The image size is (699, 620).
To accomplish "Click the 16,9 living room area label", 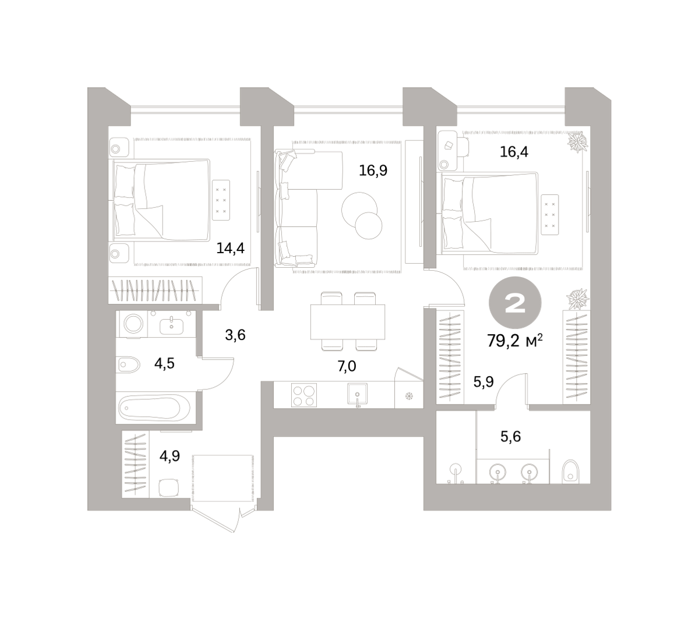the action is tap(373, 171).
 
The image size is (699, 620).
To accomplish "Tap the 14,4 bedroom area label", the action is tap(230, 248).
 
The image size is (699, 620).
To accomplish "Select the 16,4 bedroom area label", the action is tap(514, 152).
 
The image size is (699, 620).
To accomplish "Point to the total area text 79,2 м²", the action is tap(514, 341).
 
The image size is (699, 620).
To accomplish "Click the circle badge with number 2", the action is tap(515, 302).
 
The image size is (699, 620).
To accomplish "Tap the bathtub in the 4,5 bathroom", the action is tap(154, 408).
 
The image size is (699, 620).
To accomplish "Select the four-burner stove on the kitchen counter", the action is tap(304, 395).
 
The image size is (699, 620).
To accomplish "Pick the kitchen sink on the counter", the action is tap(358, 394).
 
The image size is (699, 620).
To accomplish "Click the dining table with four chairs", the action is tap(348, 322).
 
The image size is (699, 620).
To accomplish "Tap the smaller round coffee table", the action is tap(369, 226).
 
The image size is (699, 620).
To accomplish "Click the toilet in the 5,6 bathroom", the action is tap(571, 472).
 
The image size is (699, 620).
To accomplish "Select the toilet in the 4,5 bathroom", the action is tap(129, 364).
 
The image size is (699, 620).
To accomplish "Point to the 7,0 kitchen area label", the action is tap(347, 367).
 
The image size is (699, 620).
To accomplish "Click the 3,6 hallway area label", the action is tap(235, 335).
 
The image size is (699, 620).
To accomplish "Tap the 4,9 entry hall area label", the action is tap(170, 456).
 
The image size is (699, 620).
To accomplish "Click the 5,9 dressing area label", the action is tap(483, 382).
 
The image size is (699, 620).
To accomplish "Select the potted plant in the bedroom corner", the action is tap(578, 141).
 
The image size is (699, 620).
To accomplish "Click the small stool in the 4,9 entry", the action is tap(169, 488).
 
